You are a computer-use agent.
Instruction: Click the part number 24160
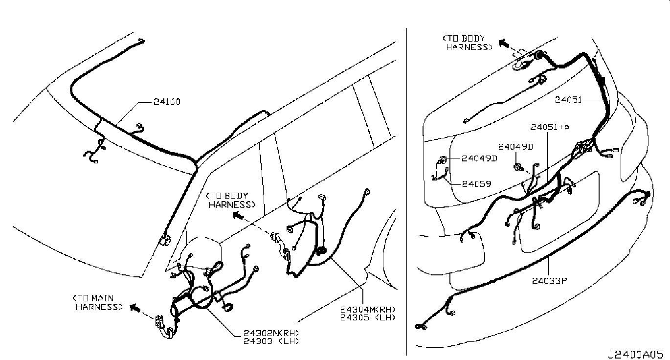pyautogui.click(x=167, y=103)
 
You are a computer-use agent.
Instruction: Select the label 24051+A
pyautogui.click(x=550, y=127)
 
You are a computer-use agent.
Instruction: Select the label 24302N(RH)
pyautogui.click(x=271, y=333)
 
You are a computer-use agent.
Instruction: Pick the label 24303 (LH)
pyautogui.click(x=271, y=340)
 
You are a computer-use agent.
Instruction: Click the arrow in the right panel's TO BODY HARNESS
pyautogui.click(x=503, y=43)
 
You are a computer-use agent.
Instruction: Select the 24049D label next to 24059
pyautogui.click(x=480, y=158)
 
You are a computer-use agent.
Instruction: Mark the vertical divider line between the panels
pyautogui.click(x=407, y=196)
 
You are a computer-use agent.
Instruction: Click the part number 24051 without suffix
pyautogui.click(x=568, y=100)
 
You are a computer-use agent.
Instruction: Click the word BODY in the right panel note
pyautogui.click(x=472, y=38)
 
